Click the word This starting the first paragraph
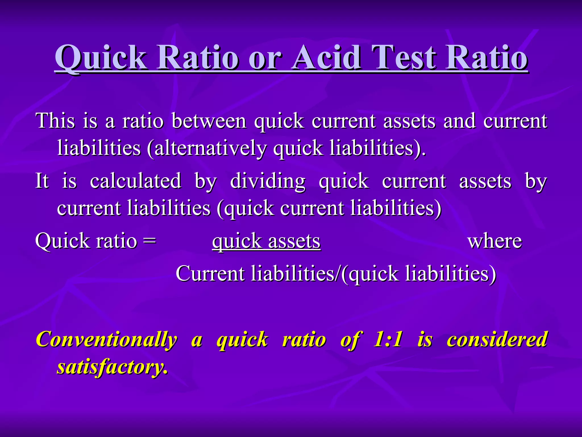(x=55, y=121)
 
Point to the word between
(x=209, y=121)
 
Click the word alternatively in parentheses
(x=210, y=148)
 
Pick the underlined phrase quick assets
(x=266, y=241)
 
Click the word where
(x=494, y=241)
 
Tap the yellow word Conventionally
(x=107, y=339)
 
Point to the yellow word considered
(x=497, y=339)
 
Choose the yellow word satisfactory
(x=112, y=367)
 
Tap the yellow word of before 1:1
(x=350, y=339)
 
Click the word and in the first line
(x=459, y=121)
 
